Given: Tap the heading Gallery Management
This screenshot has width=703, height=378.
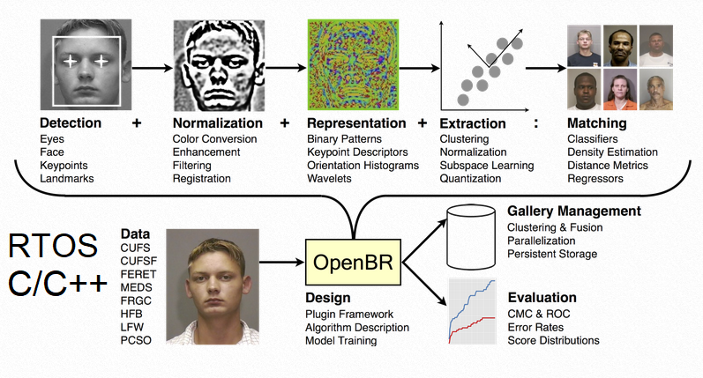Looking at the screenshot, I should [x=573, y=211].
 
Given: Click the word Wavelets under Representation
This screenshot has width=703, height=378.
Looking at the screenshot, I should [x=329, y=179].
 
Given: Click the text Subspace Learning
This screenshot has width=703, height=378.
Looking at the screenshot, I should [x=487, y=166].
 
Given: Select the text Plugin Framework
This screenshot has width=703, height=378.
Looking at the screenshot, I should [x=349, y=314].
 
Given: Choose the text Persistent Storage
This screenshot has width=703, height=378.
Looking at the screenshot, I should [x=552, y=254].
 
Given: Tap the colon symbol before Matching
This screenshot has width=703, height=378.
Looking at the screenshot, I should [x=536, y=123].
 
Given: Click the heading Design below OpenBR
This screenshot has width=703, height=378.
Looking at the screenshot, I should [x=327, y=298].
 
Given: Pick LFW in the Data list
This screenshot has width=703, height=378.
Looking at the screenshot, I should [x=131, y=326].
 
